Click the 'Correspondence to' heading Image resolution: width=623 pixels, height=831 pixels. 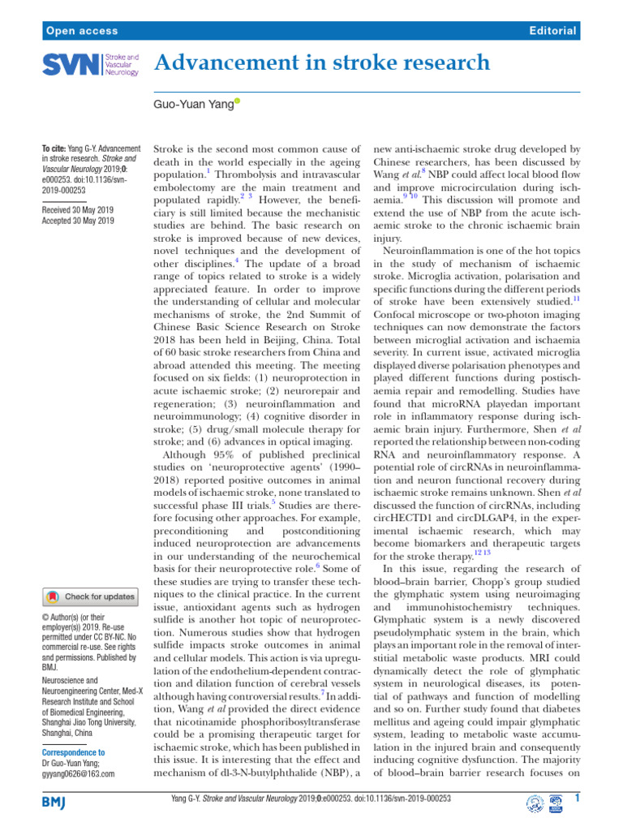coord(72,752)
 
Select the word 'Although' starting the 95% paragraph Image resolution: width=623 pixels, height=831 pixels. coord(189,455)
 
